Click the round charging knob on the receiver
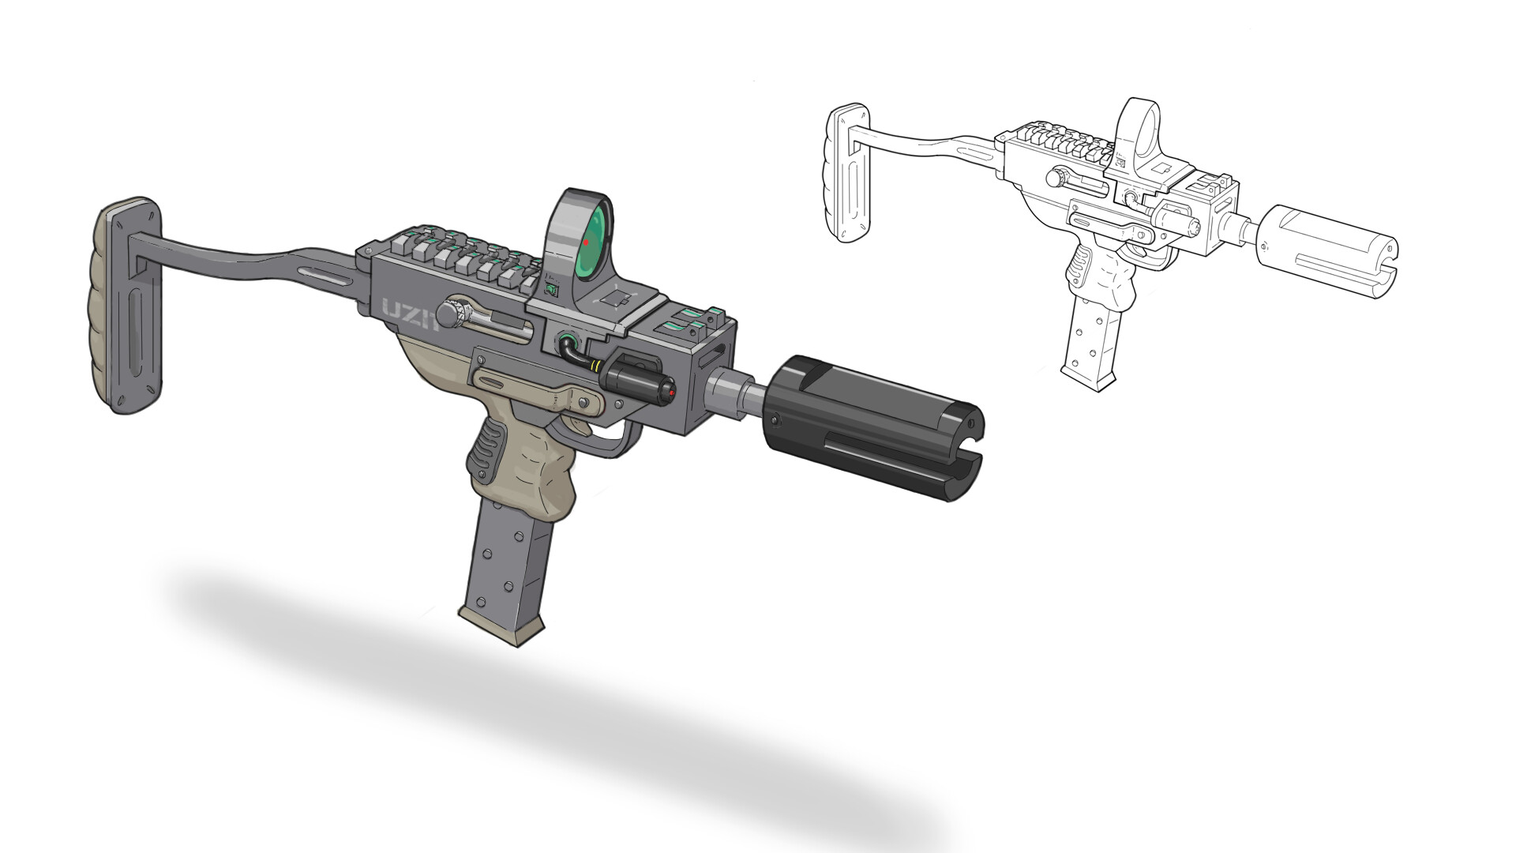coord(452,316)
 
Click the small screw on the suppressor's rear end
coord(775,419)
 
